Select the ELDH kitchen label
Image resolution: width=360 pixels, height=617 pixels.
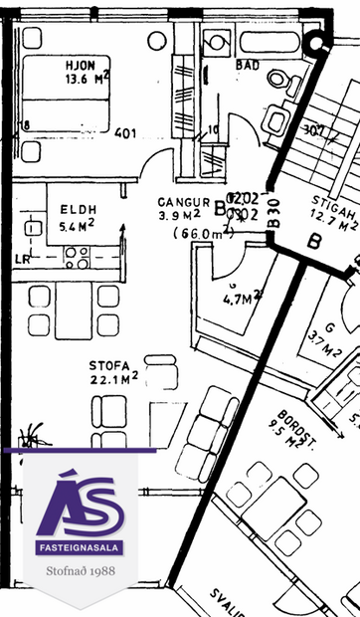pyautogui.click(x=78, y=210)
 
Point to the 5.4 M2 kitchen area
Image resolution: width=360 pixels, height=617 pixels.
pyautogui.click(x=78, y=226)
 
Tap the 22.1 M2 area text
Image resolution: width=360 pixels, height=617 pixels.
pyautogui.click(x=112, y=379)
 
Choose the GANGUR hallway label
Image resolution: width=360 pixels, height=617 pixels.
pyautogui.click(x=185, y=200)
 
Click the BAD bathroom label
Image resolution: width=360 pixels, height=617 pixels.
pyautogui.click(x=248, y=67)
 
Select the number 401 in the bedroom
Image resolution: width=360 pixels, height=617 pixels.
pyautogui.click(x=125, y=133)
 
